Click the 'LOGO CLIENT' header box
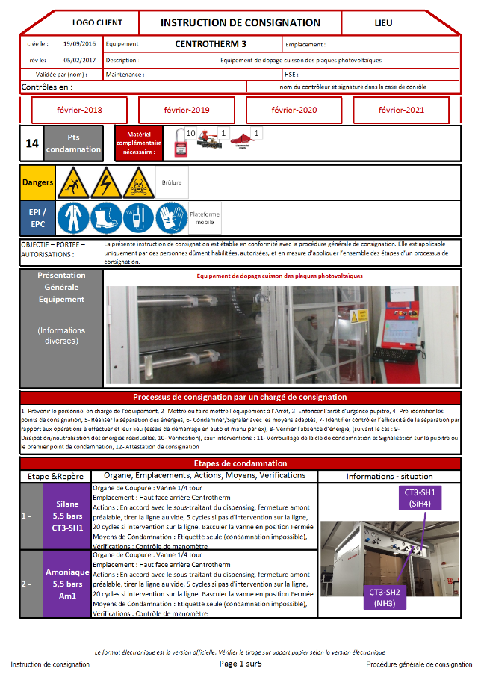pos(97,23)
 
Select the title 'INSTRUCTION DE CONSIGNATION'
pos(240,23)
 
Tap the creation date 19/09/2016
pos(79,44)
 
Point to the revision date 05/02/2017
pos(79,60)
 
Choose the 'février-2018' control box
pos(79,110)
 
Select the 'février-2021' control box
pos(401,110)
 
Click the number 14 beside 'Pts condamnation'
pos(32,143)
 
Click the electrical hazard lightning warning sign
pos(105,182)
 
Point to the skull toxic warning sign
pos(137,182)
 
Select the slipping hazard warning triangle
pos(73,182)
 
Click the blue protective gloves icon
pos(171,218)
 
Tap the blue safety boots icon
pos(105,218)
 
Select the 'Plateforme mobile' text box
pos(205,218)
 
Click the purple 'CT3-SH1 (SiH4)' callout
pos(420,498)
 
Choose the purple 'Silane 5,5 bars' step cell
pos(67,516)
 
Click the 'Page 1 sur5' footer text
pos(240,664)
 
